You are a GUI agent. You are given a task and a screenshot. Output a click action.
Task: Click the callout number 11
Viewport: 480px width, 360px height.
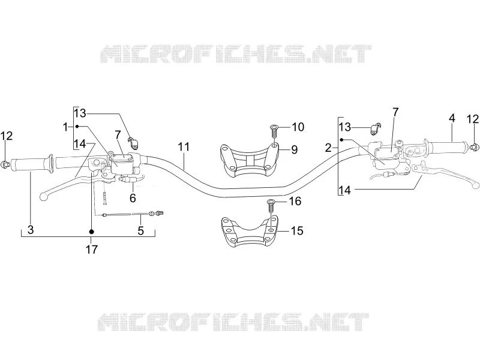point(184,147)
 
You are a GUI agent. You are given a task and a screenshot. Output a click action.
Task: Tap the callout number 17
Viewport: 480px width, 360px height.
point(92,250)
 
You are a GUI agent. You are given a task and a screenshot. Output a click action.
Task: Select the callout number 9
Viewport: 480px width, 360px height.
point(294,149)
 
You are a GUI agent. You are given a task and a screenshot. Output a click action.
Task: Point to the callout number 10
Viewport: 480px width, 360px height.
point(298,127)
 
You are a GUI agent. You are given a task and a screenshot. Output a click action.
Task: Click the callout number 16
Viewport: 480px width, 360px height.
point(295,201)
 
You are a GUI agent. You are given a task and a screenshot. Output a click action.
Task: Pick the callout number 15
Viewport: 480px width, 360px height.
point(297,230)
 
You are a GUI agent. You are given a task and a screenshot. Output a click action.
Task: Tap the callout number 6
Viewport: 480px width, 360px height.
point(133,198)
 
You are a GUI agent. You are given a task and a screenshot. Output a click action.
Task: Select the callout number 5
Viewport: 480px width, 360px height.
point(140,230)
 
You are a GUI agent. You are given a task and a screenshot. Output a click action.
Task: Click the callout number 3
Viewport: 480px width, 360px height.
point(31,230)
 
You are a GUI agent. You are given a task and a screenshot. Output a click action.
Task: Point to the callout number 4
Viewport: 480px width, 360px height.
point(452,118)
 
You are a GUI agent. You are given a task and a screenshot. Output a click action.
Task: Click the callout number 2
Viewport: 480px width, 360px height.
point(328,148)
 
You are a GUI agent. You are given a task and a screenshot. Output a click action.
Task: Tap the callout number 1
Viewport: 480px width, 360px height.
point(65,127)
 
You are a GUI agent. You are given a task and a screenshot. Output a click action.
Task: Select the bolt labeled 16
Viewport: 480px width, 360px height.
point(271,206)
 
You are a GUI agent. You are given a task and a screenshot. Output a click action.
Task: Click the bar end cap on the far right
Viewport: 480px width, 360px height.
point(473,147)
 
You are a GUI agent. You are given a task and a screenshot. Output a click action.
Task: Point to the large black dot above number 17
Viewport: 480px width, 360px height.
point(91,232)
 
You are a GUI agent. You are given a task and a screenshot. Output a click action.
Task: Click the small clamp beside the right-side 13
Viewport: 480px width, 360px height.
point(376,128)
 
